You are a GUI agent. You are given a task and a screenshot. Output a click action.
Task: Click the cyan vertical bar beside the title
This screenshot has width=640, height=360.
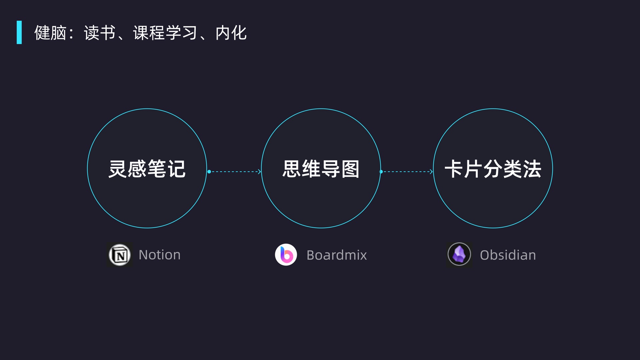pos(19,32)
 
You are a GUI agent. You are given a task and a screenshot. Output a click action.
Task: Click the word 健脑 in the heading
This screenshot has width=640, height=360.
pos(50,33)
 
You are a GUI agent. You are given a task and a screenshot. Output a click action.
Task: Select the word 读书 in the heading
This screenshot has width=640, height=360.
pos(99,33)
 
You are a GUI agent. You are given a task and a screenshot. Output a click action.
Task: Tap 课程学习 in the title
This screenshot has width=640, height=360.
pos(165,33)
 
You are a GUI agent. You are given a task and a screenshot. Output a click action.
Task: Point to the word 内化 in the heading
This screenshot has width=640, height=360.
pos(231,33)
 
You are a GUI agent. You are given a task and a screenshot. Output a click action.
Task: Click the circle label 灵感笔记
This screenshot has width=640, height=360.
pos(147,169)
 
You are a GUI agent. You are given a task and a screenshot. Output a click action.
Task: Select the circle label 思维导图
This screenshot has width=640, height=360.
pos(321,169)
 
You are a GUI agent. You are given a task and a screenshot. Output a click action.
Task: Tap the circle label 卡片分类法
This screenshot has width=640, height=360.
pos(493,169)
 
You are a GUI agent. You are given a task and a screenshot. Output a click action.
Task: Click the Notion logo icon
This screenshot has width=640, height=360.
pos(120,255)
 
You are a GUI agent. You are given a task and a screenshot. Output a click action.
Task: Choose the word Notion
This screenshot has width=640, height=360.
pos(160,255)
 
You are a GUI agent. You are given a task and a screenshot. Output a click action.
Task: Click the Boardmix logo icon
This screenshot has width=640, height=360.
pos(286,255)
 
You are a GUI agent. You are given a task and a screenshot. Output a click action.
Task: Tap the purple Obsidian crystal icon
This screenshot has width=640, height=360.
pos(459,254)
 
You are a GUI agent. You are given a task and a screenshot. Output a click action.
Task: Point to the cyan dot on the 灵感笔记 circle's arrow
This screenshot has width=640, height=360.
pos(209,172)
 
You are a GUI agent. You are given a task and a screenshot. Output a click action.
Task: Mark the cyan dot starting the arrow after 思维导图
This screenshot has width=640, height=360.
pos(381,172)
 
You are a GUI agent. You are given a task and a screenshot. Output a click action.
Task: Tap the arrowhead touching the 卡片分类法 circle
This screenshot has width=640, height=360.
pos(431,172)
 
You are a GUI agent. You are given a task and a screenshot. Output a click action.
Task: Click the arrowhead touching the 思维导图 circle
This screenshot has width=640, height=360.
pos(259,172)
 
